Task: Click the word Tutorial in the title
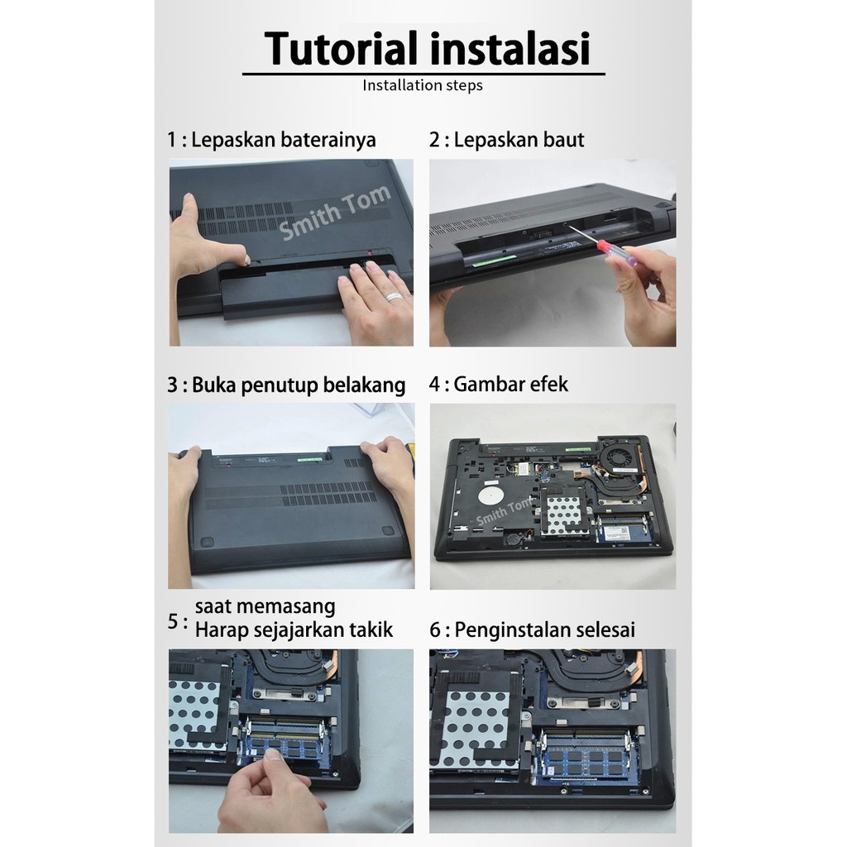(x=342, y=49)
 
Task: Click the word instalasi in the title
(x=510, y=49)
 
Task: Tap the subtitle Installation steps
(x=423, y=85)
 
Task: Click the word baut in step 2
(x=563, y=140)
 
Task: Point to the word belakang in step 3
(x=364, y=385)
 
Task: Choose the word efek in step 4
(x=549, y=384)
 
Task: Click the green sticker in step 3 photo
(x=310, y=460)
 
